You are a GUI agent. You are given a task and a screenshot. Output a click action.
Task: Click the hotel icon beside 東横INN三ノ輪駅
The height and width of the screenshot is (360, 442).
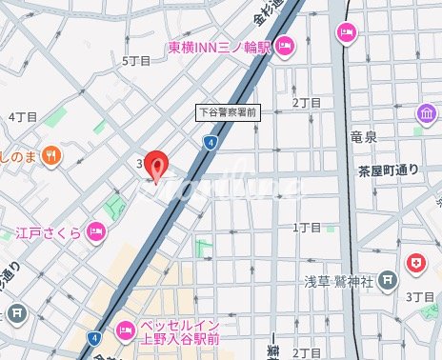tap(286, 45)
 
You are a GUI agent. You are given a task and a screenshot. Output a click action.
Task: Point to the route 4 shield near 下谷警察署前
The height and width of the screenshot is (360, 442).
tap(209, 142)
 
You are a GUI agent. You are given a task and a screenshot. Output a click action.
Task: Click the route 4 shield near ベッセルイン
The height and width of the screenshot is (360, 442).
tap(93, 337)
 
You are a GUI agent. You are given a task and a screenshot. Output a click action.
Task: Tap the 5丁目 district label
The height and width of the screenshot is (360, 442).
tap(137, 60)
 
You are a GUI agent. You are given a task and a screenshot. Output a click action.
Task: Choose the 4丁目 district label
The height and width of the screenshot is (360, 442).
tap(22, 116)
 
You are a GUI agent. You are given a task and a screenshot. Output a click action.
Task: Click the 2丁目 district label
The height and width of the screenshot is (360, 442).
tap(306, 103)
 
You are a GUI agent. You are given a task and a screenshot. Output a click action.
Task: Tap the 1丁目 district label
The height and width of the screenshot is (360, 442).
tap(307, 228)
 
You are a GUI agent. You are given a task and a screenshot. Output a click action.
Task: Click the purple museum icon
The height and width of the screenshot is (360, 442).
tap(426, 115)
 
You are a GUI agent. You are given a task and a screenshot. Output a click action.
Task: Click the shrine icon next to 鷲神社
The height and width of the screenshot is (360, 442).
tap(387, 280)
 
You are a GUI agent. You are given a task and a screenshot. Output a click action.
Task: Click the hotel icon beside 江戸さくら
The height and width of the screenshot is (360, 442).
tap(95, 230)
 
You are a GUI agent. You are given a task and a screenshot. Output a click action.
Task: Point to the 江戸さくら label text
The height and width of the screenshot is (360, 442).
tap(46, 231)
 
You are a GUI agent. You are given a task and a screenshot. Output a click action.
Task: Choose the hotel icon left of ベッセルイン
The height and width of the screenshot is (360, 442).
tap(125, 331)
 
